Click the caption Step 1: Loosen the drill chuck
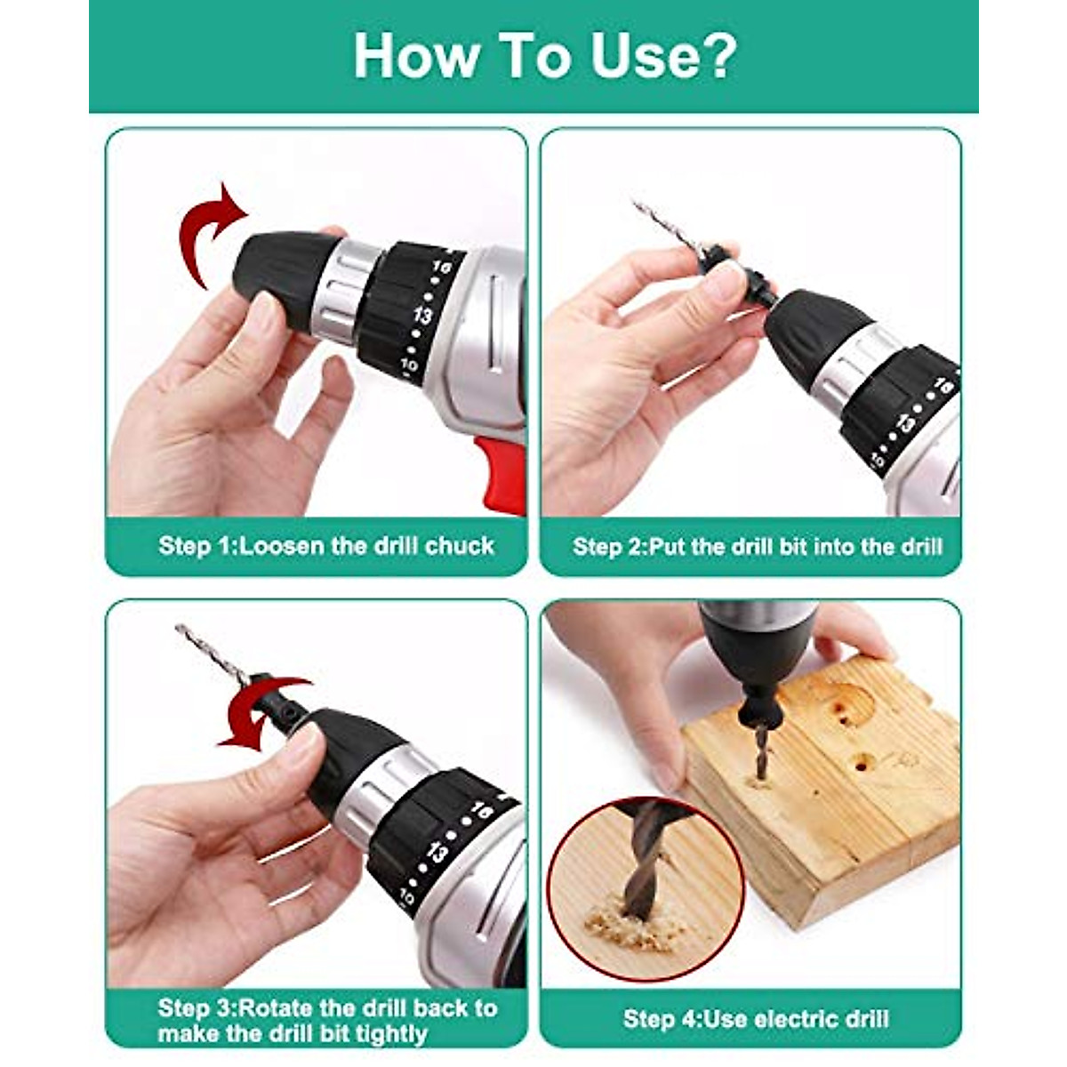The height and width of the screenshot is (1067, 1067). [x=325, y=545]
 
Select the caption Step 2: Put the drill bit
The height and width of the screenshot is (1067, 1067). [x=757, y=546]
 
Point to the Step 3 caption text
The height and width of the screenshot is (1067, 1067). [x=326, y=1020]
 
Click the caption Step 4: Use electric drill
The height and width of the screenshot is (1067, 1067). [x=755, y=1018]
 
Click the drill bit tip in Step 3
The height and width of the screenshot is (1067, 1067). [x=183, y=630]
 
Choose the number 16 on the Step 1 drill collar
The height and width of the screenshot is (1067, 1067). [x=442, y=266]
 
